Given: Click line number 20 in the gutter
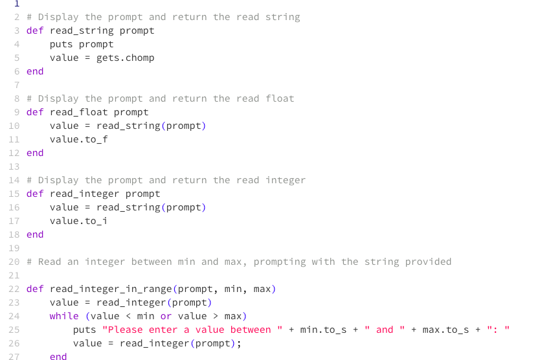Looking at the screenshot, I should click(14, 262).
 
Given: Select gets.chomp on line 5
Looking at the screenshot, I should click(126, 58).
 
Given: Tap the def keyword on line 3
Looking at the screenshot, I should click(35, 30).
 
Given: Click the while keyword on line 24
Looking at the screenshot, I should click(64, 316).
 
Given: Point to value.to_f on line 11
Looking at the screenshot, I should click(79, 139).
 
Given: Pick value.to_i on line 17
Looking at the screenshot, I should click(79, 221).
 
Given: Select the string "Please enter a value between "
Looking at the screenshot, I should click(192, 330).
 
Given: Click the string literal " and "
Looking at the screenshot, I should click(385, 330).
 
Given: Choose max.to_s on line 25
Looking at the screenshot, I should click(446, 330).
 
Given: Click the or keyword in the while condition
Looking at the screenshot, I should click(166, 316).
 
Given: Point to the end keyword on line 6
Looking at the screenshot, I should click(35, 71).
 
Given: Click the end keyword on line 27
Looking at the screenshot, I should click(58, 356).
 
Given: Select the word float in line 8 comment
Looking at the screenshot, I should click(280, 98).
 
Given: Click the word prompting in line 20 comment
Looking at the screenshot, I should click(279, 262).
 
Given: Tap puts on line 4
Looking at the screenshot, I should click(62, 44).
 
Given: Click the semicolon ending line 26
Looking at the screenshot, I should click(239, 343).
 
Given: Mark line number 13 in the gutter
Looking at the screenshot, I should click(14, 166).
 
